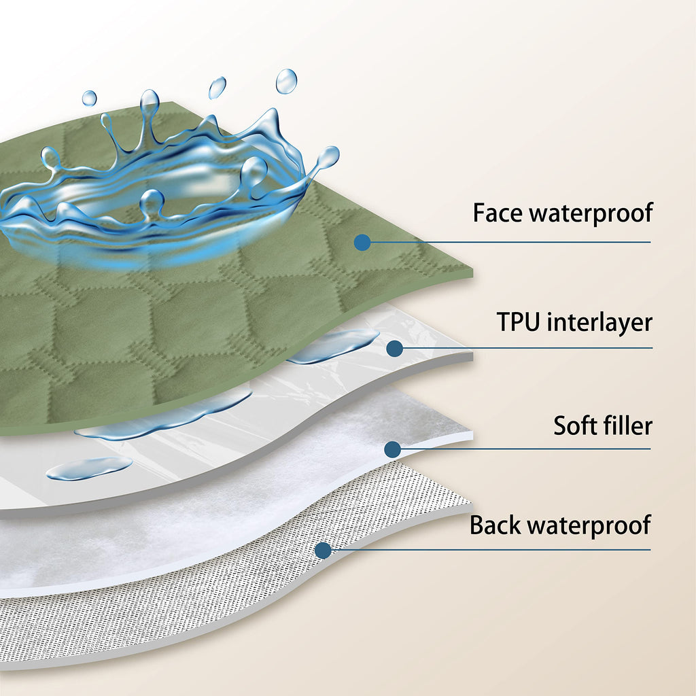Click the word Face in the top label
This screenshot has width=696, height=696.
pyautogui.click(x=499, y=213)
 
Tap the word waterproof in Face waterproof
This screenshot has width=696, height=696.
pyautogui.click(x=592, y=213)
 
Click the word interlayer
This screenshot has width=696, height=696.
pyautogui.click(x=599, y=323)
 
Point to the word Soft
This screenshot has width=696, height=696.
pyautogui.click(x=575, y=425)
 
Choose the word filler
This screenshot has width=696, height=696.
pyautogui.click(x=627, y=425)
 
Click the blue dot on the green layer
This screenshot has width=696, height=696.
pyautogui.click(x=362, y=243)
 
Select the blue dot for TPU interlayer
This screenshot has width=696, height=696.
pyautogui.click(x=394, y=349)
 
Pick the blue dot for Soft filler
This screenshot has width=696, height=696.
pyautogui.click(x=392, y=449)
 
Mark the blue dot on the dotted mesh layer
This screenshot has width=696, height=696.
pyautogui.click(x=323, y=551)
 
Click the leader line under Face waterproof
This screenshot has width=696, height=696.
pyautogui.click(x=510, y=243)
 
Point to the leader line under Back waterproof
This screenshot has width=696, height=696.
pyautogui.click(x=491, y=550)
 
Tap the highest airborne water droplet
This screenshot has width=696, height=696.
pyautogui.click(x=286, y=82)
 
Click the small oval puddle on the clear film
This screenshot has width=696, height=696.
pyautogui.click(x=89, y=468)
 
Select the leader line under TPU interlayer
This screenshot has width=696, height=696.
pyautogui.click(x=527, y=349)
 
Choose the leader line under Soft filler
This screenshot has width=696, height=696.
pyautogui.click(x=525, y=449)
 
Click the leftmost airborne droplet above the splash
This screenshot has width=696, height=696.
pyautogui.click(x=89, y=98)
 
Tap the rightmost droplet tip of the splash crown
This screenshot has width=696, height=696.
pyautogui.click(x=329, y=157)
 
